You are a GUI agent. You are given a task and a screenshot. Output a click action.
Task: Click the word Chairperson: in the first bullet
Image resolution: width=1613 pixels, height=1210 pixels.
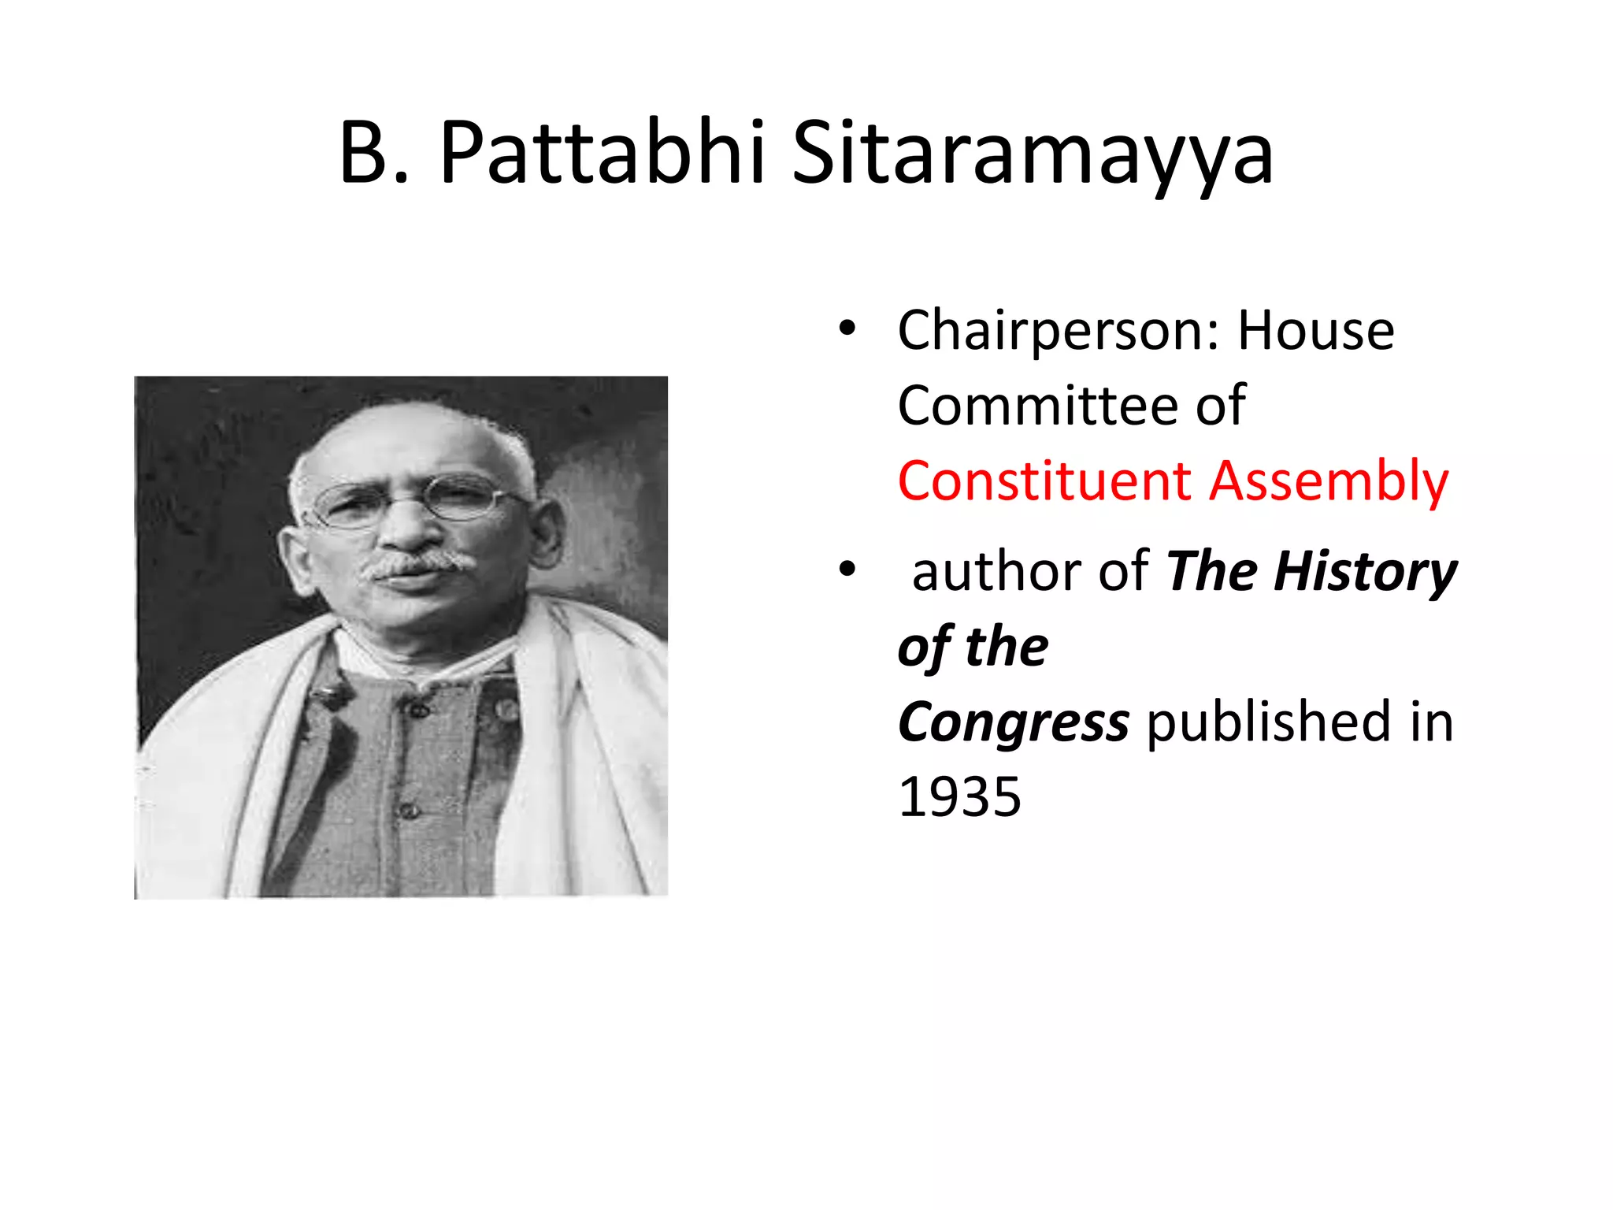point(1059,331)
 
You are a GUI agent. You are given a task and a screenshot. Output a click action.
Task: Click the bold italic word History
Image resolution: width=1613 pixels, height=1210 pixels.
point(1365,573)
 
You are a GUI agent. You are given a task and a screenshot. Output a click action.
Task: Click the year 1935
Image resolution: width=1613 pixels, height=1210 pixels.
point(959,797)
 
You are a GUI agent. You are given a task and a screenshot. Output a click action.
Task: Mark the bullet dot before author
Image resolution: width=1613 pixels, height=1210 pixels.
point(847,569)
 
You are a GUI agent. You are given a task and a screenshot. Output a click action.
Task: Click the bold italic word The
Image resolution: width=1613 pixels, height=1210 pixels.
point(1212,571)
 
